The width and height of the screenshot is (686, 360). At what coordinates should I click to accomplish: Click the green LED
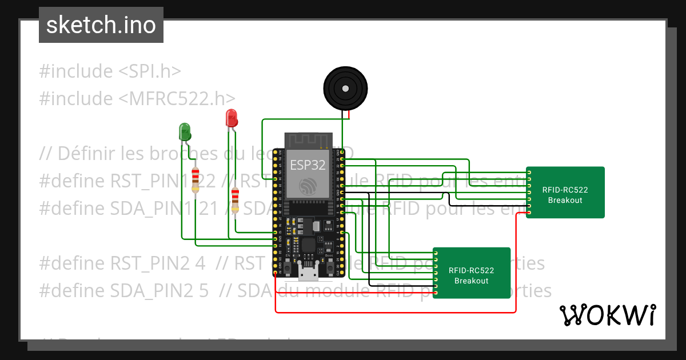tap(185, 131)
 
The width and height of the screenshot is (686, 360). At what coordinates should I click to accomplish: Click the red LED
tap(232, 118)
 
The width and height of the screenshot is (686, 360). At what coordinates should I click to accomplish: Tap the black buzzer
tap(345, 88)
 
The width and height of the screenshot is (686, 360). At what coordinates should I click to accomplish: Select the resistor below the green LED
tap(196, 180)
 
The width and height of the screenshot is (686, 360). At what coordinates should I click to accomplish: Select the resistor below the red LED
tap(235, 200)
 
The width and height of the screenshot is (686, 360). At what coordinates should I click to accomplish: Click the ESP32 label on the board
tap(308, 165)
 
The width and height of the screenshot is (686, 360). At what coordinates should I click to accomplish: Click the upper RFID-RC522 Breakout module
tap(565, 193)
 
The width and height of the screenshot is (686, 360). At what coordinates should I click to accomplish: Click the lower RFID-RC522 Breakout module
tap(471, 274)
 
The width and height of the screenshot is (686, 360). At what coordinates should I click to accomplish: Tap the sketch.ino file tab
tap(101, 25)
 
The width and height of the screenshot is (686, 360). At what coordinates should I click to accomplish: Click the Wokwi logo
tap(607, 315)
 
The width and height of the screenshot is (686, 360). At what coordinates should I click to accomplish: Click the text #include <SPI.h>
tap(110, 71)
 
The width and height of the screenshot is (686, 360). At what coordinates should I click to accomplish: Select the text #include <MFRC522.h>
tap(137, 98)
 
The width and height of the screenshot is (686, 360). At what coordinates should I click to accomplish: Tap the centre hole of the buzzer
tap(345, 88)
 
